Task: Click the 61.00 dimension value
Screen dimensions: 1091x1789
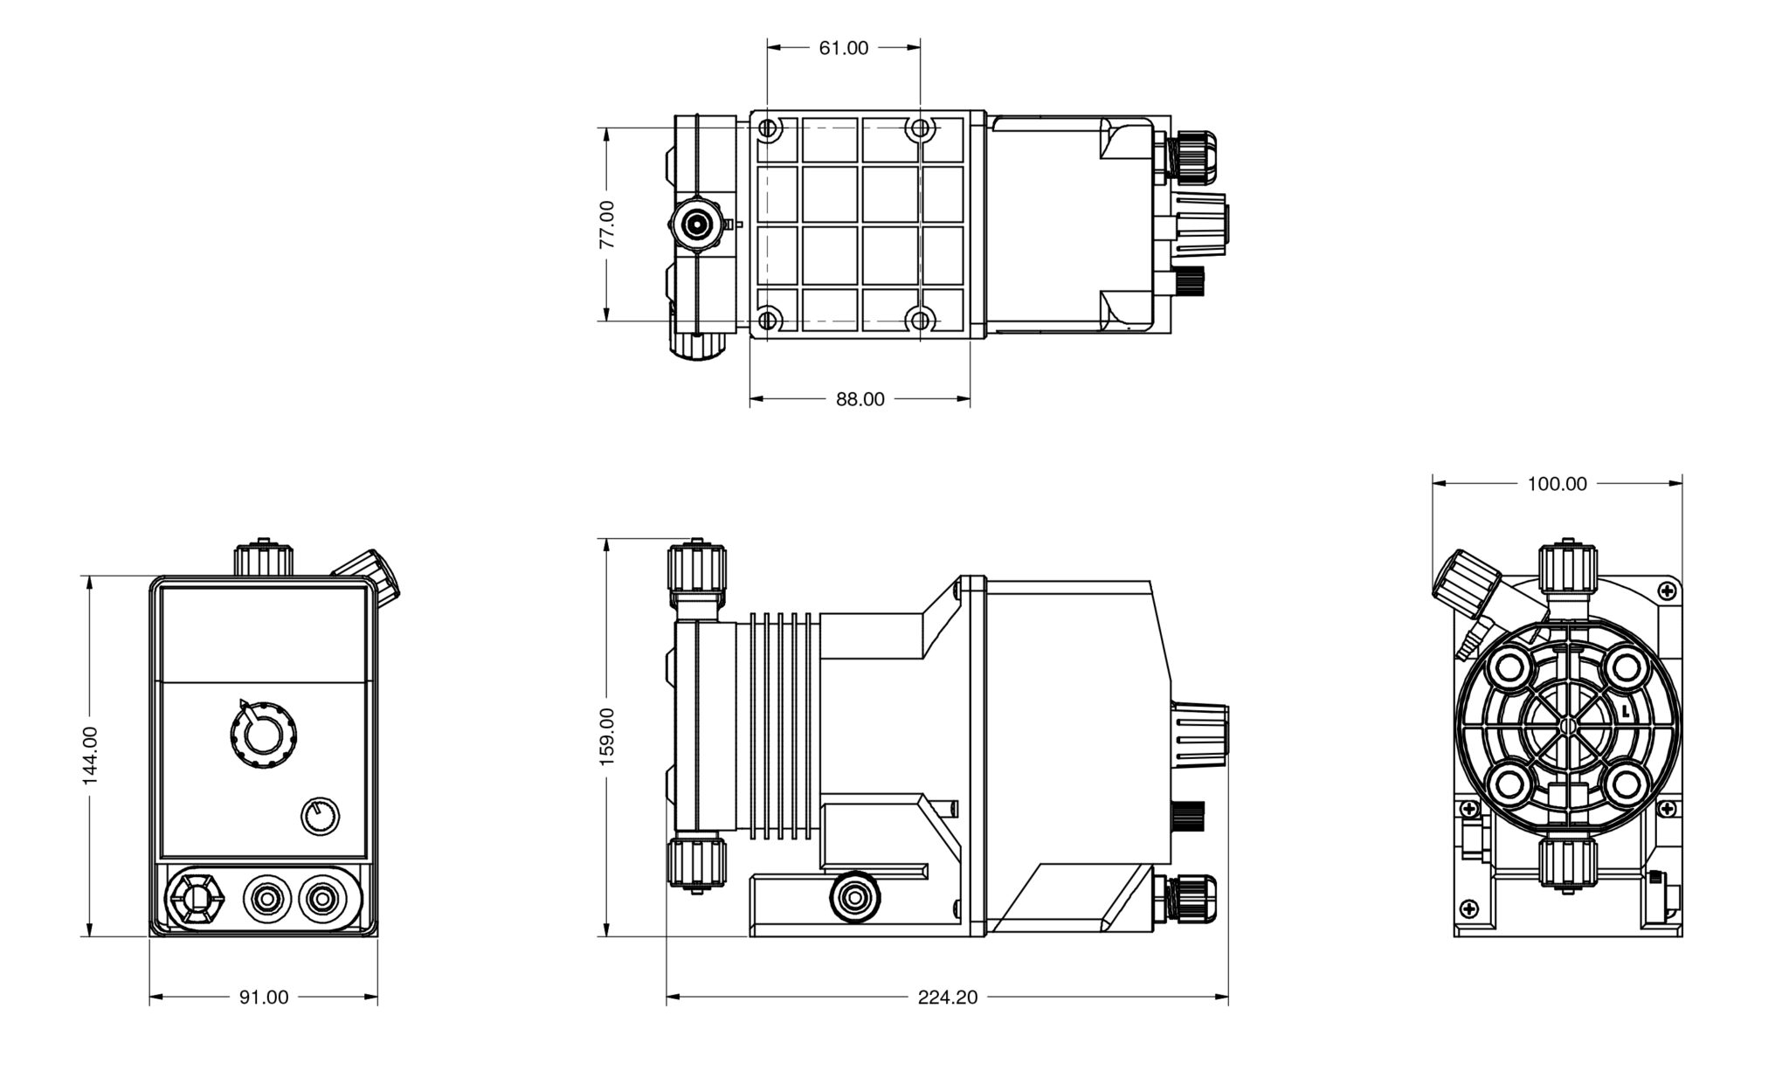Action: pos(843,49)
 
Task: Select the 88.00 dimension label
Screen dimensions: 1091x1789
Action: pos(860,399)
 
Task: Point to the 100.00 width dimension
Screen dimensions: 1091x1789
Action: pos(1557,484)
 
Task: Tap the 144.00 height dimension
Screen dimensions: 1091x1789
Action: pos(90,756)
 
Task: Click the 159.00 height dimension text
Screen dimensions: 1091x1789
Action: pos(607,737)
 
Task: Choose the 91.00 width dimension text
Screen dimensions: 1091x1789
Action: pos(264,998)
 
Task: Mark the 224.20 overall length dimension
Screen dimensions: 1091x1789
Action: pos(947,998)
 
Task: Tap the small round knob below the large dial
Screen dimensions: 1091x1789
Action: pos(321,817)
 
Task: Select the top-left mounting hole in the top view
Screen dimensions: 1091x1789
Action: pos(768,129)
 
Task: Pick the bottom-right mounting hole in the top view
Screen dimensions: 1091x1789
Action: pos(920,320)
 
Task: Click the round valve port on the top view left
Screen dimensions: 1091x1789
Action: pos(697,225)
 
